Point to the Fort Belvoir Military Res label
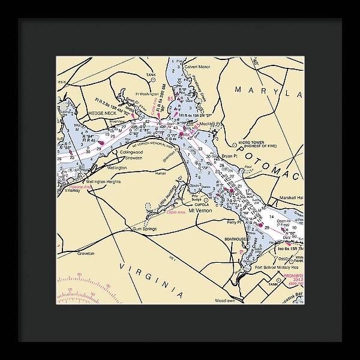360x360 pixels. click(x=280, y=268)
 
